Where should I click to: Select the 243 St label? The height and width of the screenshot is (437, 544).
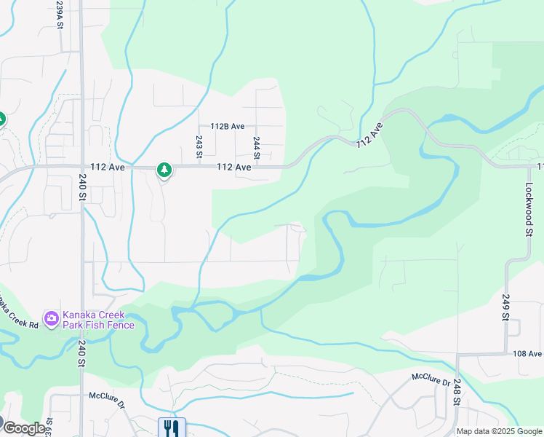(x=199, y=146)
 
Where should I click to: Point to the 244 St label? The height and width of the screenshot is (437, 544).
(x=256, y=147)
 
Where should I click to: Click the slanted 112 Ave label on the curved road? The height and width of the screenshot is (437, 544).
(x=369, y=135)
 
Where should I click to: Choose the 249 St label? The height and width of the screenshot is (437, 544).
(x=505, y=307)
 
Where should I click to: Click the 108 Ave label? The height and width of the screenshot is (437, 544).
(x=527, y=354)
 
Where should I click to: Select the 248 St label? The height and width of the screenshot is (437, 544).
(x=457, y=392)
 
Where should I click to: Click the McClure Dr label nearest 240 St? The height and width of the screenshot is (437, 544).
(x=108, y=400)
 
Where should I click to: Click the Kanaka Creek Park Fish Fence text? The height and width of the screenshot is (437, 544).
(x=98, y=320)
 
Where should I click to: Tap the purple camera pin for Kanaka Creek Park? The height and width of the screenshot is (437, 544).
(x=51, y=318)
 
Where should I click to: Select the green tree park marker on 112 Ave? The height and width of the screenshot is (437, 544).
(x=164, y=170)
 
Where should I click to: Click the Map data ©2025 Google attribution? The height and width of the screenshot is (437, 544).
(x=499, y=431)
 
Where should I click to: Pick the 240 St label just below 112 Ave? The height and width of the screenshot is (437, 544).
(x=81, y=192)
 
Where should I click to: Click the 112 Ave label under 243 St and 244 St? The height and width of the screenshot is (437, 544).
(x=233, y=168)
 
